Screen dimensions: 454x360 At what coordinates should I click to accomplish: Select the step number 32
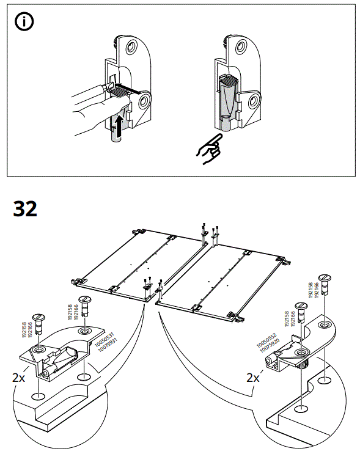[x=25, y=209]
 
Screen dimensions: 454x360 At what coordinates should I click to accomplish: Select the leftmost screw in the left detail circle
[x=39, y=322]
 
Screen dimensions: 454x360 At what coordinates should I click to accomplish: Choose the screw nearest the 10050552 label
[x=300, y=309]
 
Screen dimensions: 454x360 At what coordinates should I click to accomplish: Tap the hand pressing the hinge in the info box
[x=92, y=104]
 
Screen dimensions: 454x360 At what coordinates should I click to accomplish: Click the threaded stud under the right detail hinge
[x=301, y=366]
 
